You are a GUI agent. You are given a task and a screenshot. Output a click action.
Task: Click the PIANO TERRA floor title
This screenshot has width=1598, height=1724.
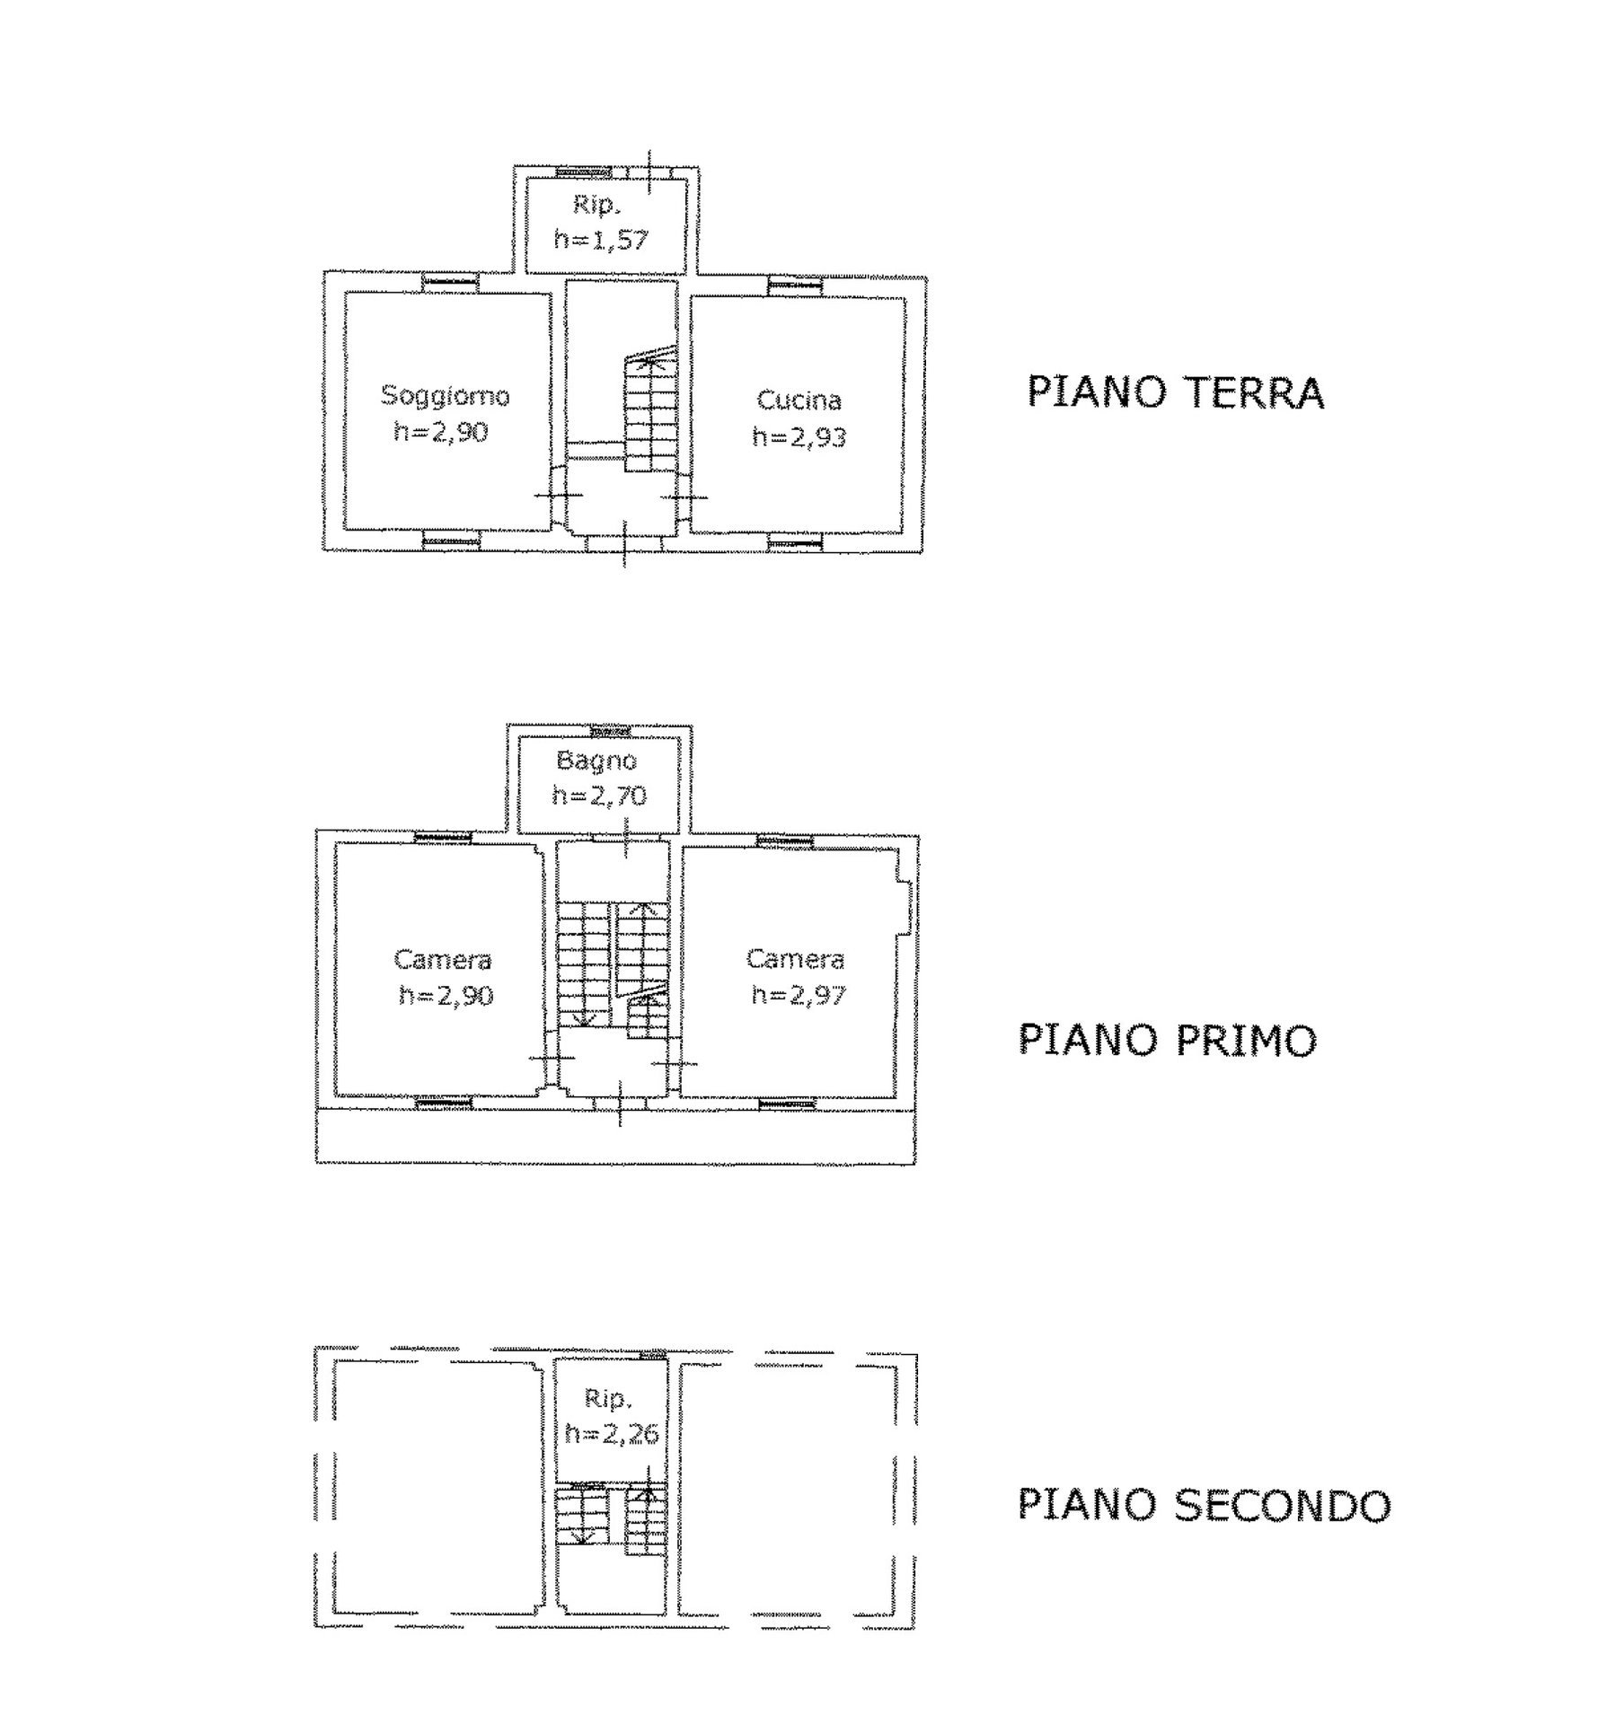(1175, 392)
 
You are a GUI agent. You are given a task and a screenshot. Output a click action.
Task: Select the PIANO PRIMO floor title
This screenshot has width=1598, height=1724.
(1167, 1039)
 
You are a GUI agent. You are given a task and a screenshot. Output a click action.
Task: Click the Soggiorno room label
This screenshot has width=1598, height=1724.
(446, 396)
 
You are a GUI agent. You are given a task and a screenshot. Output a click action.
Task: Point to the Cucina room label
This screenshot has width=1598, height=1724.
(799, 400)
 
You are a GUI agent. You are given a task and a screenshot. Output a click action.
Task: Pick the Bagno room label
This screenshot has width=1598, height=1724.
(596, 761)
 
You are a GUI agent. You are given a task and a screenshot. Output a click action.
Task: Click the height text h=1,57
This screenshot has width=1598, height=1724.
(601, 240)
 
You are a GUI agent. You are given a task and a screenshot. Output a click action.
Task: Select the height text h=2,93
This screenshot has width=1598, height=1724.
(799, 437)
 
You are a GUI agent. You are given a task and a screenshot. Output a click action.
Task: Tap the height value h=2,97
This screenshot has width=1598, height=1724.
(798, 995)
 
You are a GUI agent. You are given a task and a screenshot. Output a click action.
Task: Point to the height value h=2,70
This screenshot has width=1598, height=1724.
(599, 796)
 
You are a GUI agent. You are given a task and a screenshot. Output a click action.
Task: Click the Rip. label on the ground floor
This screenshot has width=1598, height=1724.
(596, 206)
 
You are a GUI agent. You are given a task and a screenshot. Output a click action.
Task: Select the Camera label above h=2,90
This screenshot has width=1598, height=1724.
(442, 960)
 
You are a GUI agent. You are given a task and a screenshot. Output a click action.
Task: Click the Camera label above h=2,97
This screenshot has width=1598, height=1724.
(795, 959)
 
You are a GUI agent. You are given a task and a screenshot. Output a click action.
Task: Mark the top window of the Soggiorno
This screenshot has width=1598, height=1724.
(450, 282)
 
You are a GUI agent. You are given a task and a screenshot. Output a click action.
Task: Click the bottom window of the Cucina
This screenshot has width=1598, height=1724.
(795, 541)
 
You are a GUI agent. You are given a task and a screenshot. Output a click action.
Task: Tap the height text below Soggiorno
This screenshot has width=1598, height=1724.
(440, 432)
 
